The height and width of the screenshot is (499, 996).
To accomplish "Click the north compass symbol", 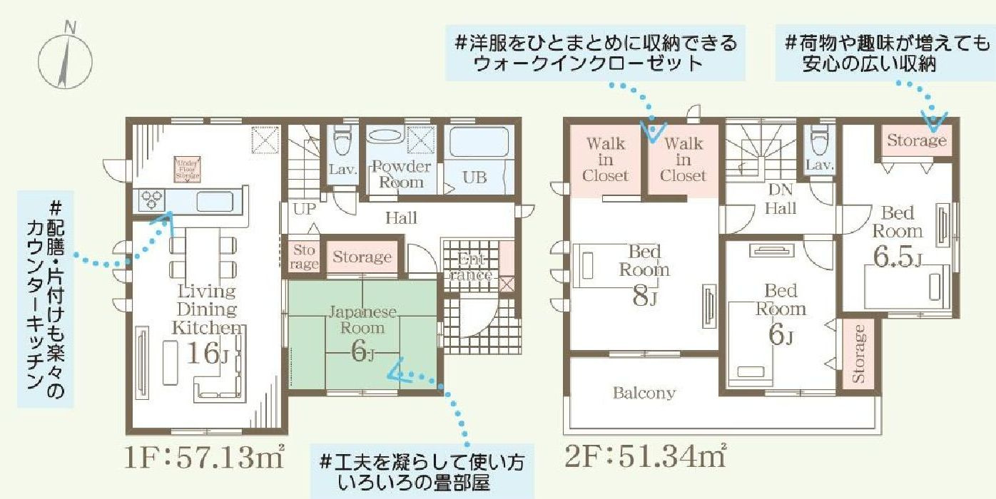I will pyautogui.click(x=64, y=57).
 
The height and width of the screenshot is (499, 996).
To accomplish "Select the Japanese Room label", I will pyautogui.click(x=362, y=319).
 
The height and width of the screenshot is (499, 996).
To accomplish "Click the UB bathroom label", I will pyautogui.click(x=474, y=178).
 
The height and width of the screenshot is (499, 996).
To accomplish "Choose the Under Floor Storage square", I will pyautogui.click(x=188, y=168).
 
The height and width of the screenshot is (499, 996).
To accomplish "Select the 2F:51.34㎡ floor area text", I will pyautogui.click(x=646, y=456).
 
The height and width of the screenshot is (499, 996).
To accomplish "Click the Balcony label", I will pyautogui.click(x=644, y=393).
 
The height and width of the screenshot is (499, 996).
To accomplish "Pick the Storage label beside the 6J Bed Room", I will pyautogui.click(x=859, y=354).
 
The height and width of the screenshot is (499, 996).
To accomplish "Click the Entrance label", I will pyautogui.click(x=472, y=267).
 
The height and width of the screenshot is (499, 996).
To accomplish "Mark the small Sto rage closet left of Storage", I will pyautogui.click(x=305, y=257).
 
